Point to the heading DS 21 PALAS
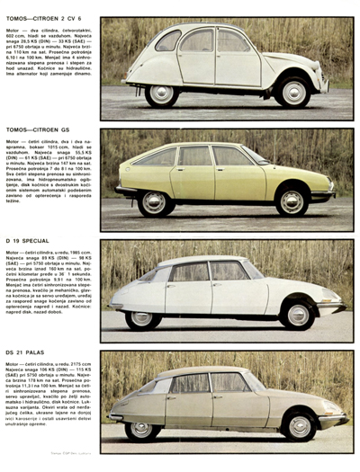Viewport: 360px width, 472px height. (x=25, y=352)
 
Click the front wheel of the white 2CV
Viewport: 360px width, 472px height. (x=293, y=91)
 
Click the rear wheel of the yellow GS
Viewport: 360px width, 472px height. (x=155, y=202)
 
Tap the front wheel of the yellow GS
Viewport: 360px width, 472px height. (x=292, y=201)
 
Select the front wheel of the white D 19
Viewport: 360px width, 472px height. (x=298, y=315)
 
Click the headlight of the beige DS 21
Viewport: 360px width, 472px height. (x=332, y=413)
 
